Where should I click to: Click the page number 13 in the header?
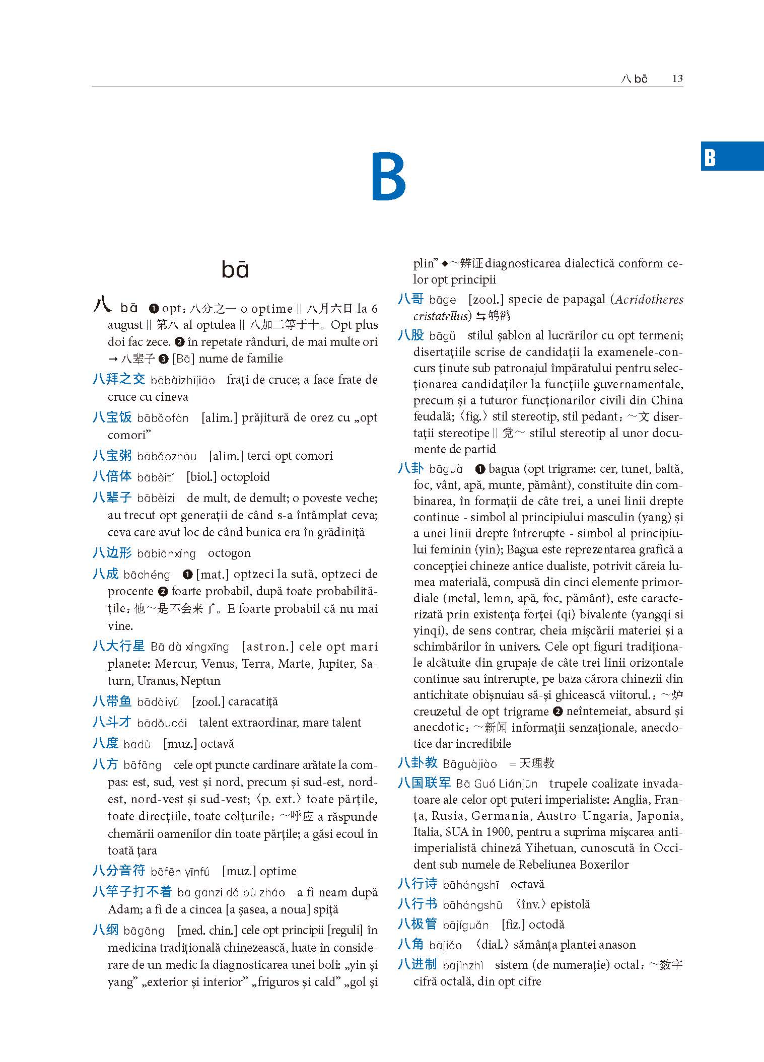click(x=677, y=79)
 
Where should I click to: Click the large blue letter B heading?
click(x=389, y=177)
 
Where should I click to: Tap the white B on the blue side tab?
click(x=710, y=158)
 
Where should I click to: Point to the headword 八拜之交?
click(x=119, y=379)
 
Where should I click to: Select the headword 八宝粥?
click(x=112, y=455)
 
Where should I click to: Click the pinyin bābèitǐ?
click(x=156, y=477)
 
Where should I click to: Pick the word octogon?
click(x=229, y=553)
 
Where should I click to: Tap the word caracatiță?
click(x=253, y=701)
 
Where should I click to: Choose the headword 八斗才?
click(x=112, y=723)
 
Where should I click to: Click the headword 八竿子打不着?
click(x=132, y=892)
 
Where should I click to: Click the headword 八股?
click(x=410, y=335)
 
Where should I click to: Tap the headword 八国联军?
click(x=424, y=783)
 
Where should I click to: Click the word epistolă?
click(x=570, y=904)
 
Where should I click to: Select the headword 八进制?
click(x=417, y=964)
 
